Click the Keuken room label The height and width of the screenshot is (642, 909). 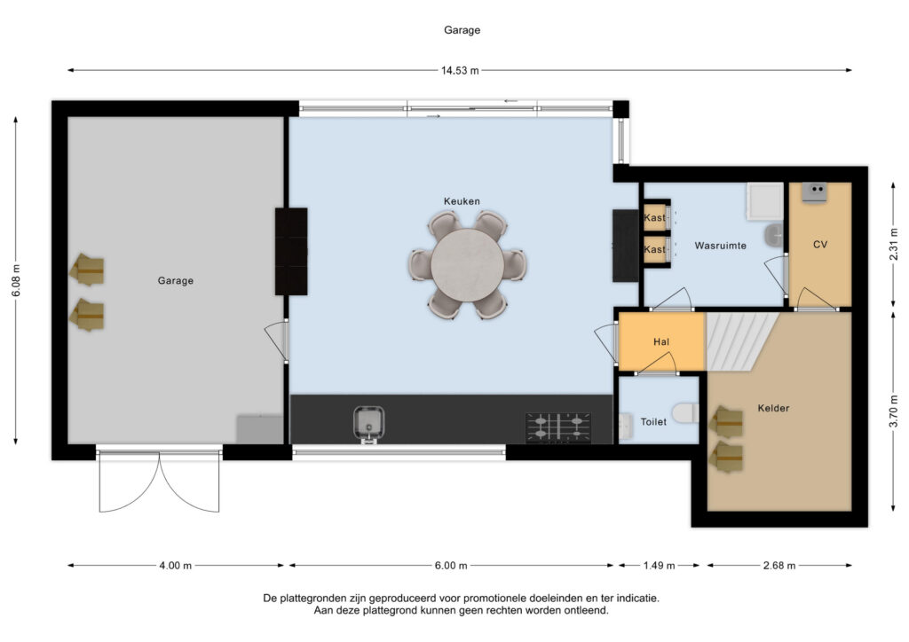[462, 201]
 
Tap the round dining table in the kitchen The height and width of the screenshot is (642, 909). [467, 264]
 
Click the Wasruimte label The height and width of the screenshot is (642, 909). [720, 245]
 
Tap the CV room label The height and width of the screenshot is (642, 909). [819, 244]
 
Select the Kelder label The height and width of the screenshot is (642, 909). [773, 408]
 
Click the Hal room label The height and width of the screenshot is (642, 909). [660, 341]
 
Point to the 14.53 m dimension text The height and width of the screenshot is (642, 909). [460, 70]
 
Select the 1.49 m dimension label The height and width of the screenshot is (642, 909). [659, 566]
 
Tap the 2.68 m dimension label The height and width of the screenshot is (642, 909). [779, 566]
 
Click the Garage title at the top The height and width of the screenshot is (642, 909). [462, 29]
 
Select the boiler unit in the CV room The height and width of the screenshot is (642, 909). [814, 190]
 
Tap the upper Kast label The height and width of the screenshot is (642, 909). [654, 218]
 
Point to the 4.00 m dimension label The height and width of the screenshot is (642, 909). [175, 566]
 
